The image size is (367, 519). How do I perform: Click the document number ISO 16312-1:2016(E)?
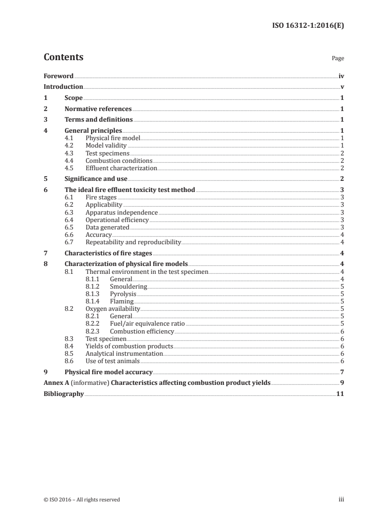308,25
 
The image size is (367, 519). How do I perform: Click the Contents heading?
63,57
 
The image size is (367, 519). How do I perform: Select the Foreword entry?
58,76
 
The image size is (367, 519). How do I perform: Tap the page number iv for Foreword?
341,76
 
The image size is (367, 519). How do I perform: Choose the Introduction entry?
63,87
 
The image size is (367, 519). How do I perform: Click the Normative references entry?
98,109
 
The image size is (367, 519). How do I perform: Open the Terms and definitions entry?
99,120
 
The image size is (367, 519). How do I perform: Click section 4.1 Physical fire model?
112,138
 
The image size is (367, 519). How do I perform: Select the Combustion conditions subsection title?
119,161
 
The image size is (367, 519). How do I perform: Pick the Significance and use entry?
96,179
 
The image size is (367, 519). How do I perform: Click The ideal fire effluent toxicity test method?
130,190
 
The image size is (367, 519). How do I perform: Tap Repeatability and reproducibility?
133,242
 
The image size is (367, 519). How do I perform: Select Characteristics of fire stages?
108,253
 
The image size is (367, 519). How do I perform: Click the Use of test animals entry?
112,361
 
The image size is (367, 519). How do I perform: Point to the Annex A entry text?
157,383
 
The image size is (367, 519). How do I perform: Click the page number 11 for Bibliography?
340,394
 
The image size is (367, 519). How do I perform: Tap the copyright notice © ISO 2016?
81,500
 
